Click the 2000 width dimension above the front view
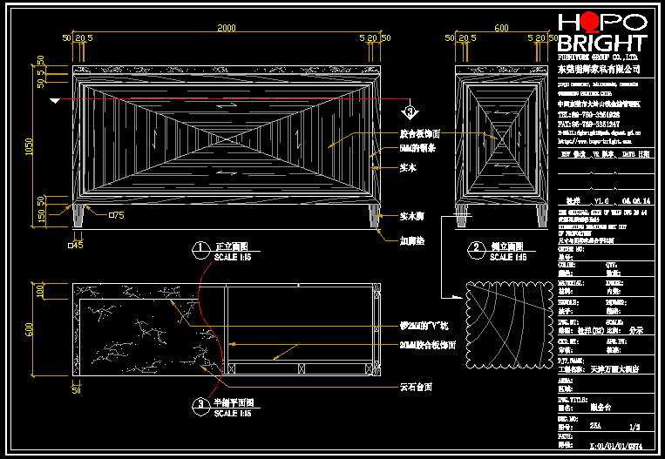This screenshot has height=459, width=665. tap(227, 28)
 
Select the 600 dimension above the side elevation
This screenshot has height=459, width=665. tap(501, 28)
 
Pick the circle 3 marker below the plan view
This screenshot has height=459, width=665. tap(201, 403)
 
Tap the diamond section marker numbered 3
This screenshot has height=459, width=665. tap(409, 111)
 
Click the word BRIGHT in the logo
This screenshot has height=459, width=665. tap(602, 44)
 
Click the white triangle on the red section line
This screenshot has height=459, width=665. tap(56, 102)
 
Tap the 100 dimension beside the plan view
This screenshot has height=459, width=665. tap(40, 291)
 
